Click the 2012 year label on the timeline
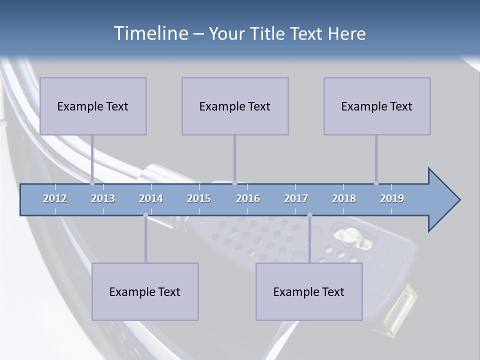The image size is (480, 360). [55, 198]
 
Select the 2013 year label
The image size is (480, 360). [103, 198]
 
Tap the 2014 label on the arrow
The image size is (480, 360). [151, 198]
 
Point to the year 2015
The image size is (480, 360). [199, 198]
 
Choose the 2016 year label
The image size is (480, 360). [248, 198]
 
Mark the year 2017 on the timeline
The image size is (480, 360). [296, 198]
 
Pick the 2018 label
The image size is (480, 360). [344, 198]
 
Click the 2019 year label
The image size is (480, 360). [392, 198]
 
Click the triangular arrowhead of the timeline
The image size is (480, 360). [443, 200]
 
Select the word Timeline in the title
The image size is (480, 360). [150, 33]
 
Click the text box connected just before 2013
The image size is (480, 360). [93, 106]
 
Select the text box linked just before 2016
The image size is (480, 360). [235, 106]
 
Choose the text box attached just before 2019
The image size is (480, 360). [377, 106]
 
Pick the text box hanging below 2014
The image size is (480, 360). [145, 291]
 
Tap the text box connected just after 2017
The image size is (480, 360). [309, 291]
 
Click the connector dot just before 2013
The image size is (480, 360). [92, 183]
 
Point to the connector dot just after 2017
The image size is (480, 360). [309, 215]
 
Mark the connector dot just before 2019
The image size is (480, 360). [376, 183]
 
